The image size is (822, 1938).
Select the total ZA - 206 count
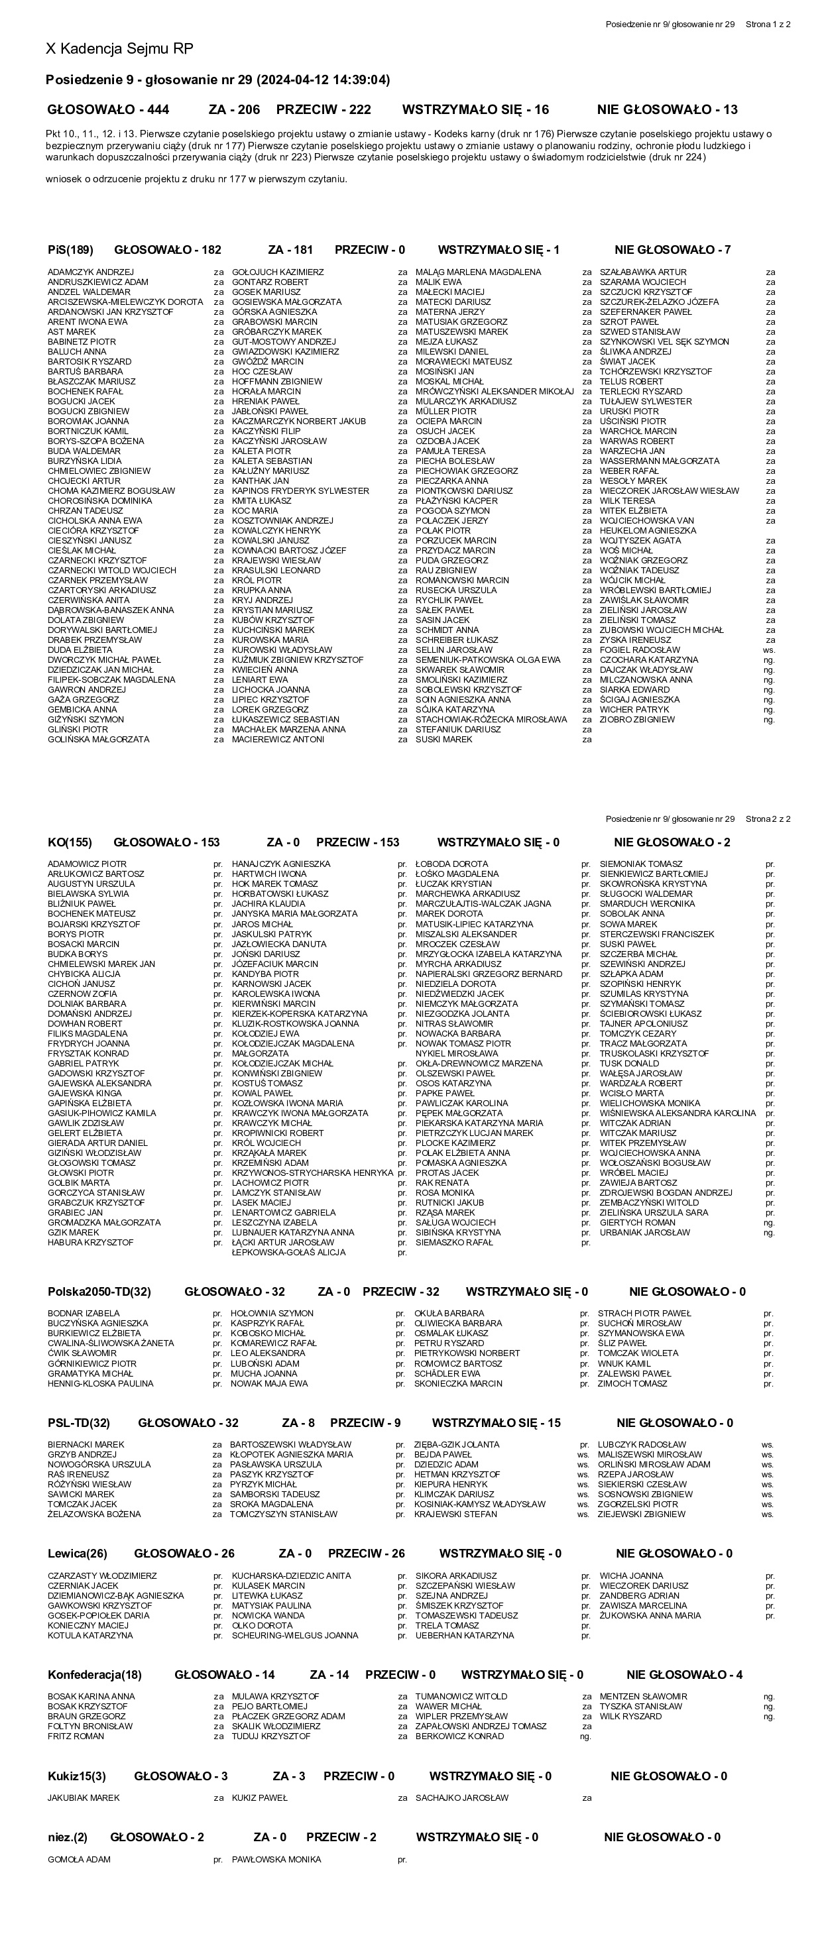(x=234, y=110)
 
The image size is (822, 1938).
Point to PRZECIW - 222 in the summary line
(x=323, y=110)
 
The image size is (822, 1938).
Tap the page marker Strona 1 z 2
(x=768, y=25)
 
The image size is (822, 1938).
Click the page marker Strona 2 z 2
(x=768, y=819)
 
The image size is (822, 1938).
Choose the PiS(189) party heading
(x=71, y=250)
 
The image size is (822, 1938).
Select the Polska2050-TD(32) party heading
(x=99, y=1292)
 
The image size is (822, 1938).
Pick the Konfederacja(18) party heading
(x=95, y=1675)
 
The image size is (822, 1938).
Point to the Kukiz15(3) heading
(x=77, y=1776)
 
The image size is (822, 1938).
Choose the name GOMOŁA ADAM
(x=79, y=1860)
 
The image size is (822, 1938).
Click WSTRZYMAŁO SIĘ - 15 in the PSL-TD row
(x=496, y=1422)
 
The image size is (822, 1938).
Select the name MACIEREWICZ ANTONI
(x=278, y=740)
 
